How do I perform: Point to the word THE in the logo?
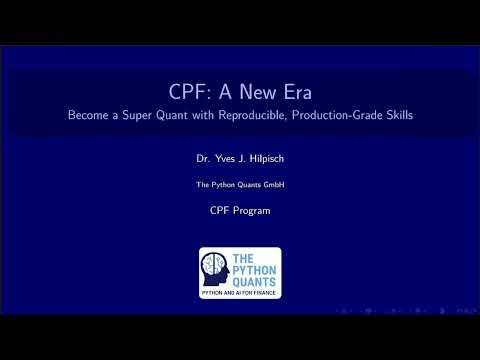coord(245,256)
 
